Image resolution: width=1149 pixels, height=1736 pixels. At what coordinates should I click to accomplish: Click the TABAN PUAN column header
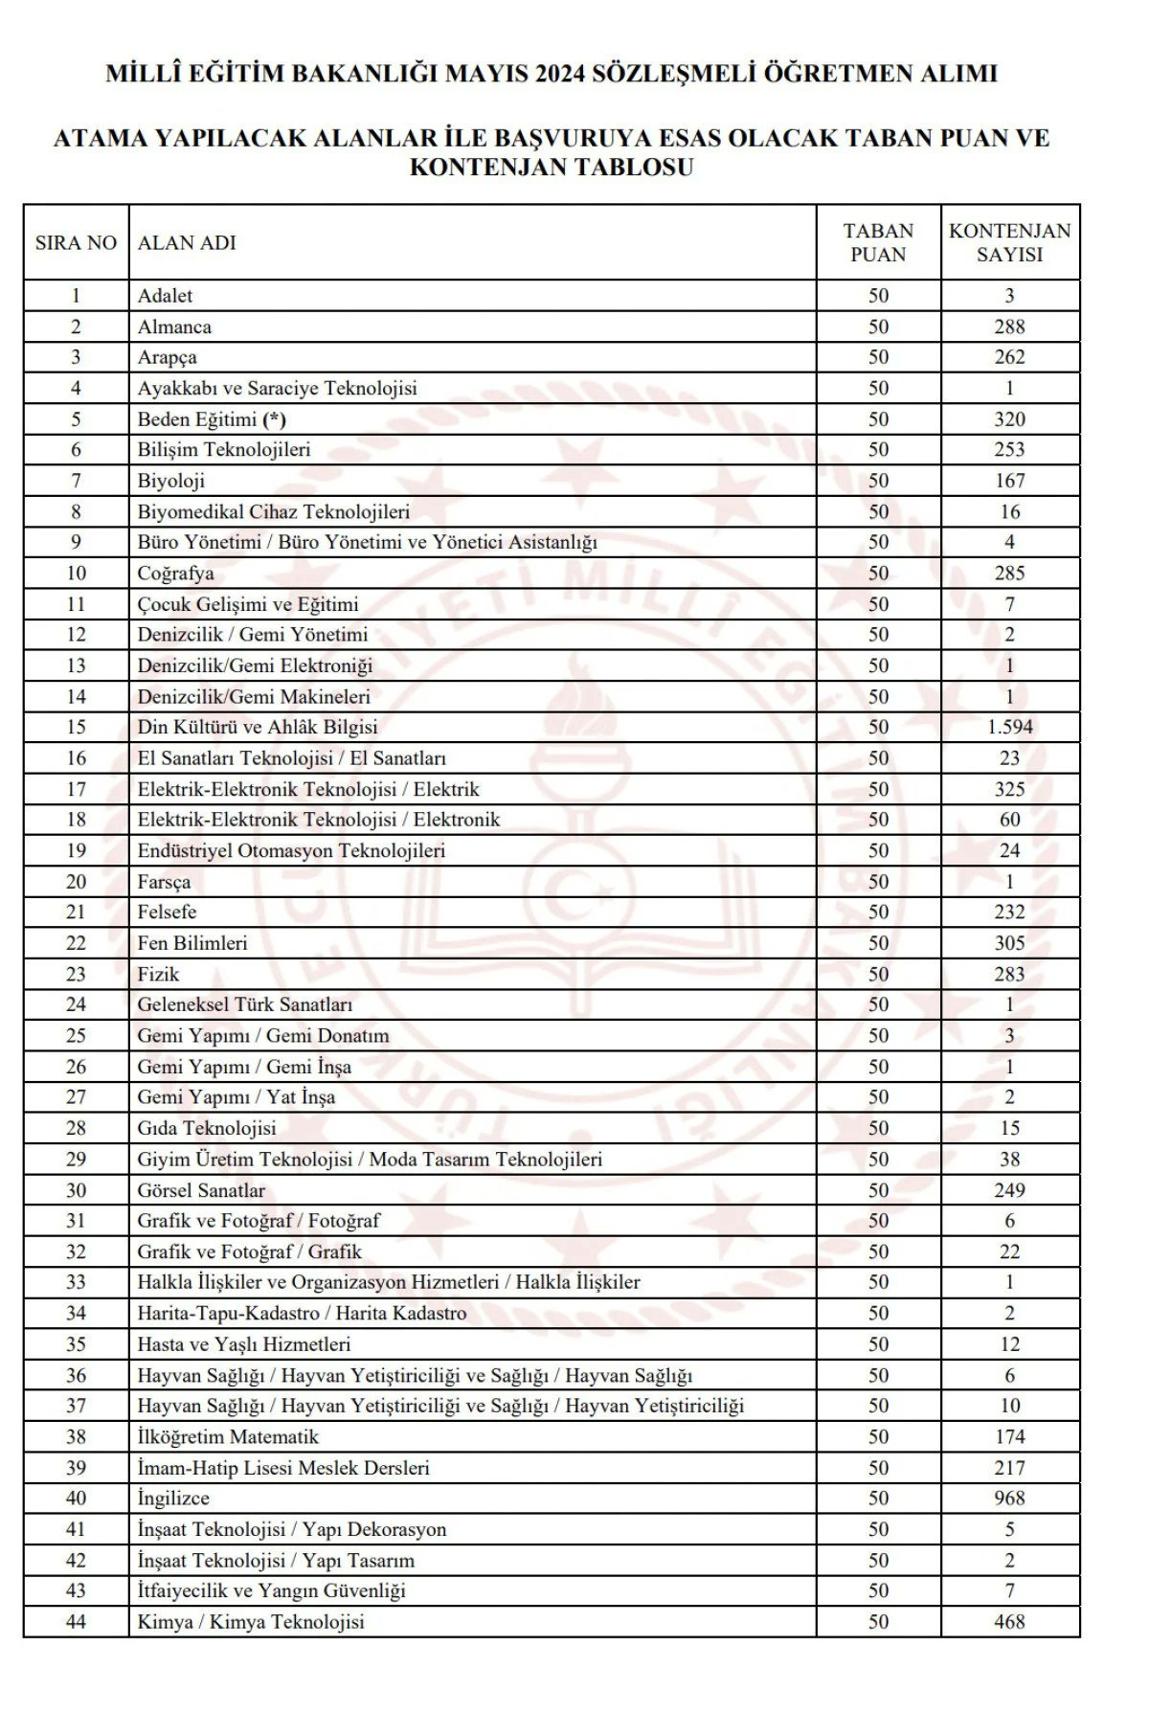tap(878, 242)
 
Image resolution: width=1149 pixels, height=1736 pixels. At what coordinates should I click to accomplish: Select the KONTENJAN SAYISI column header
tap(1009, 242)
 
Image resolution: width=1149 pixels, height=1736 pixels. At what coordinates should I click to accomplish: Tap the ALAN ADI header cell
tap(187, 243)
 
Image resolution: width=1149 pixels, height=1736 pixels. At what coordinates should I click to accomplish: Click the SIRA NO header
tap(76, 243)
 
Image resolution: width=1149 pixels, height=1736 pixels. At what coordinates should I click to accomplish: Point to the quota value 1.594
tap(1009, 727)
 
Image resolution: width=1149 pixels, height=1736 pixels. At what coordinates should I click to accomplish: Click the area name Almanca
tap(174, 327)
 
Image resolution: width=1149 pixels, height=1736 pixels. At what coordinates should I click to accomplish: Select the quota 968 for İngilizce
tap(1009, 1498)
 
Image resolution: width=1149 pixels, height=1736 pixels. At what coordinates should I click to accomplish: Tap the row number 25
tap(76, 1035)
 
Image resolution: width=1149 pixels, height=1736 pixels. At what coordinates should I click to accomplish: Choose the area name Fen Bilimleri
tap(192, 943)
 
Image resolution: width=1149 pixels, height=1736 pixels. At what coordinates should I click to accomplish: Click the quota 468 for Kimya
tap(1009, 1621)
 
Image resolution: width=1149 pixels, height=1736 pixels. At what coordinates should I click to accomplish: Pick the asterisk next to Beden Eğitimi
tap(275, 419)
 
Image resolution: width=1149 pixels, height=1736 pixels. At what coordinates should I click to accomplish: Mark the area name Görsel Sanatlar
tap(201, 1190)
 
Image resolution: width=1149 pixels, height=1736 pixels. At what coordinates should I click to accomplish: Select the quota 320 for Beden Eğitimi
tap(1009, 419)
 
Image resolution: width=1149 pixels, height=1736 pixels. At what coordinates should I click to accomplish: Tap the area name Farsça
tap(164, 881)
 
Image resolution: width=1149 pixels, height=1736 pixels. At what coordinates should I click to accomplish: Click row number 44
tap(76, 1621)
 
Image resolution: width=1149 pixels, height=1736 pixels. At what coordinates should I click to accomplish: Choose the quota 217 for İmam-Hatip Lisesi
tap(1009, 1467)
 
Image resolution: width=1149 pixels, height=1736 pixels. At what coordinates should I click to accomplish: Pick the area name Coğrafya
tap(175, 574)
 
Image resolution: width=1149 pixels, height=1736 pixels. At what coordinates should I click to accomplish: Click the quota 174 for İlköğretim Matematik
tap(1009, 1436)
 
